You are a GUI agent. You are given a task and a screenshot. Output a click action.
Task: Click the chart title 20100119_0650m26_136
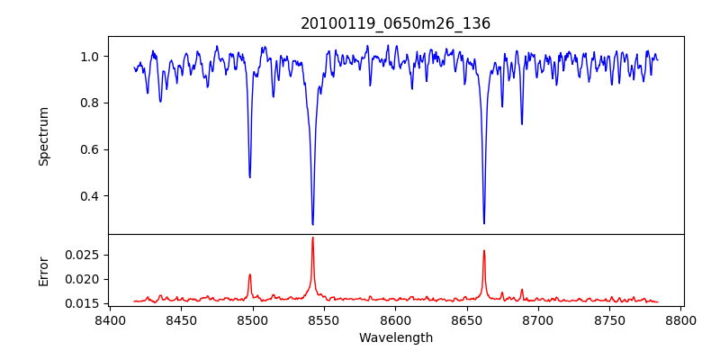pos(396,23)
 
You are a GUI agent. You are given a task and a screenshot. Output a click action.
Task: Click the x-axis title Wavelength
pos(396,337)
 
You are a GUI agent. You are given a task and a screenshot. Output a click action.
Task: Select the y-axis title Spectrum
pos(44,136)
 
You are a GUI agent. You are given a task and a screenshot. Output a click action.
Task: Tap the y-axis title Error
pos(44,271)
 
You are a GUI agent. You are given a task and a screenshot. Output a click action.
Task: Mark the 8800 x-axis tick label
pos(681,319)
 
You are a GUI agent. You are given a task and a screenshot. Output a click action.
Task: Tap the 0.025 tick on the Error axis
pos(85,255)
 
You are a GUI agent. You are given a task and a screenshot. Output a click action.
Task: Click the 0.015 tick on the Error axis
pos(85,303)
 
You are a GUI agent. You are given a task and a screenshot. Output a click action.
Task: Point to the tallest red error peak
pos(312,238)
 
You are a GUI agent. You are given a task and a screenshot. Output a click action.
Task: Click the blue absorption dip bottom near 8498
pos(249,176)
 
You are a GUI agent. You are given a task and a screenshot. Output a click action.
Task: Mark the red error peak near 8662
pos(483,251)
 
